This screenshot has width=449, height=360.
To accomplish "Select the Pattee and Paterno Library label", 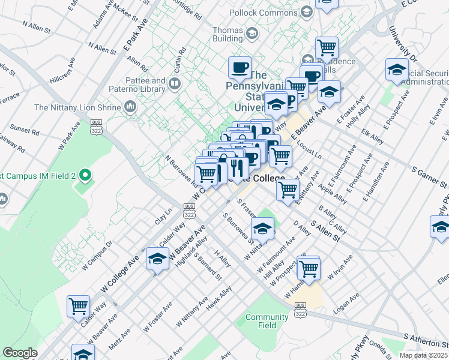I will click(145, 85).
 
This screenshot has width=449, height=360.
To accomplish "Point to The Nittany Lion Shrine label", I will click(77, 107).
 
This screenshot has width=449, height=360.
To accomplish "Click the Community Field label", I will click(267, 321).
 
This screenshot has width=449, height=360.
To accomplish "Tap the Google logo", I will click(20, 353).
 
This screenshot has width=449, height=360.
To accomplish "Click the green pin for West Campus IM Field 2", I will click(85, 176).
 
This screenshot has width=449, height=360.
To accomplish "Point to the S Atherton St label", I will click(426, 341).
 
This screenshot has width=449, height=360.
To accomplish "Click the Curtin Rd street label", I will click(178, 58).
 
